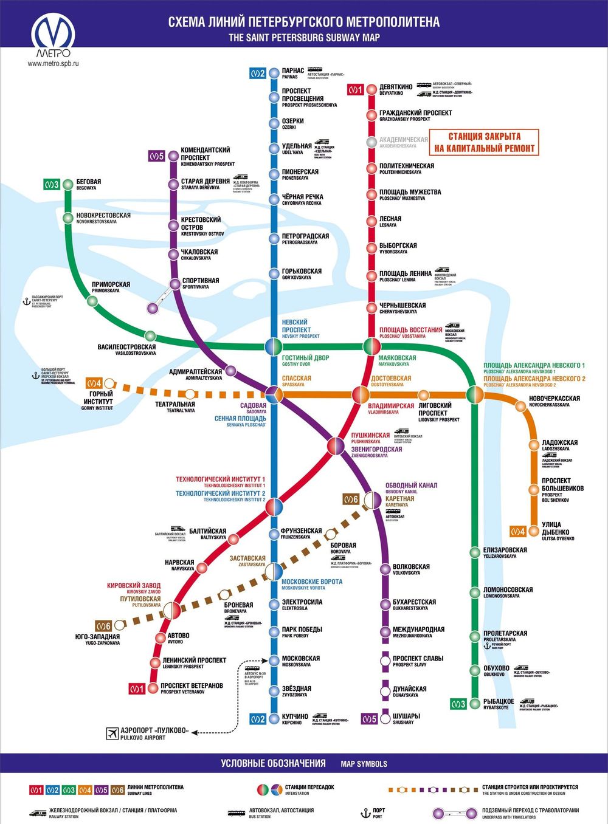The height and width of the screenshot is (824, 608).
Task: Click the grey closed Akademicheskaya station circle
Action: tap(371, 142)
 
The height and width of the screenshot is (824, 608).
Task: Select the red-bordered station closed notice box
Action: tap(484, 142)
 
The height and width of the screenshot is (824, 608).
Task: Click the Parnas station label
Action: tap(293, 73)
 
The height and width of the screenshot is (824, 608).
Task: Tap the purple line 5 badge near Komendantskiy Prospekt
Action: tap(156, 156)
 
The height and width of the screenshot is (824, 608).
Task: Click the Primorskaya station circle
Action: tap(92, 301)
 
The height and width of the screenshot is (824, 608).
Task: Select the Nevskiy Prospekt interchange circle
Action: tap(274, 347)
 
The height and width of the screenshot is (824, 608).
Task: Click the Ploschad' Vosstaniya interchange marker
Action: tap(371, 347)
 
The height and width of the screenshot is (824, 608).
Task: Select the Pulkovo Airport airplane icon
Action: tap(112, 733)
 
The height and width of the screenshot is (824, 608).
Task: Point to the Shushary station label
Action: tap(406, 718)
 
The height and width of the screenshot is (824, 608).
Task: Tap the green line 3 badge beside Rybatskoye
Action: tap(458, 704)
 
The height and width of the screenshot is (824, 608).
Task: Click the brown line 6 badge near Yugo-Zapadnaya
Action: tap(103, 626)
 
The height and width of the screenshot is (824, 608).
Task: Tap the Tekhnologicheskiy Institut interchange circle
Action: tap(274, 506)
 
